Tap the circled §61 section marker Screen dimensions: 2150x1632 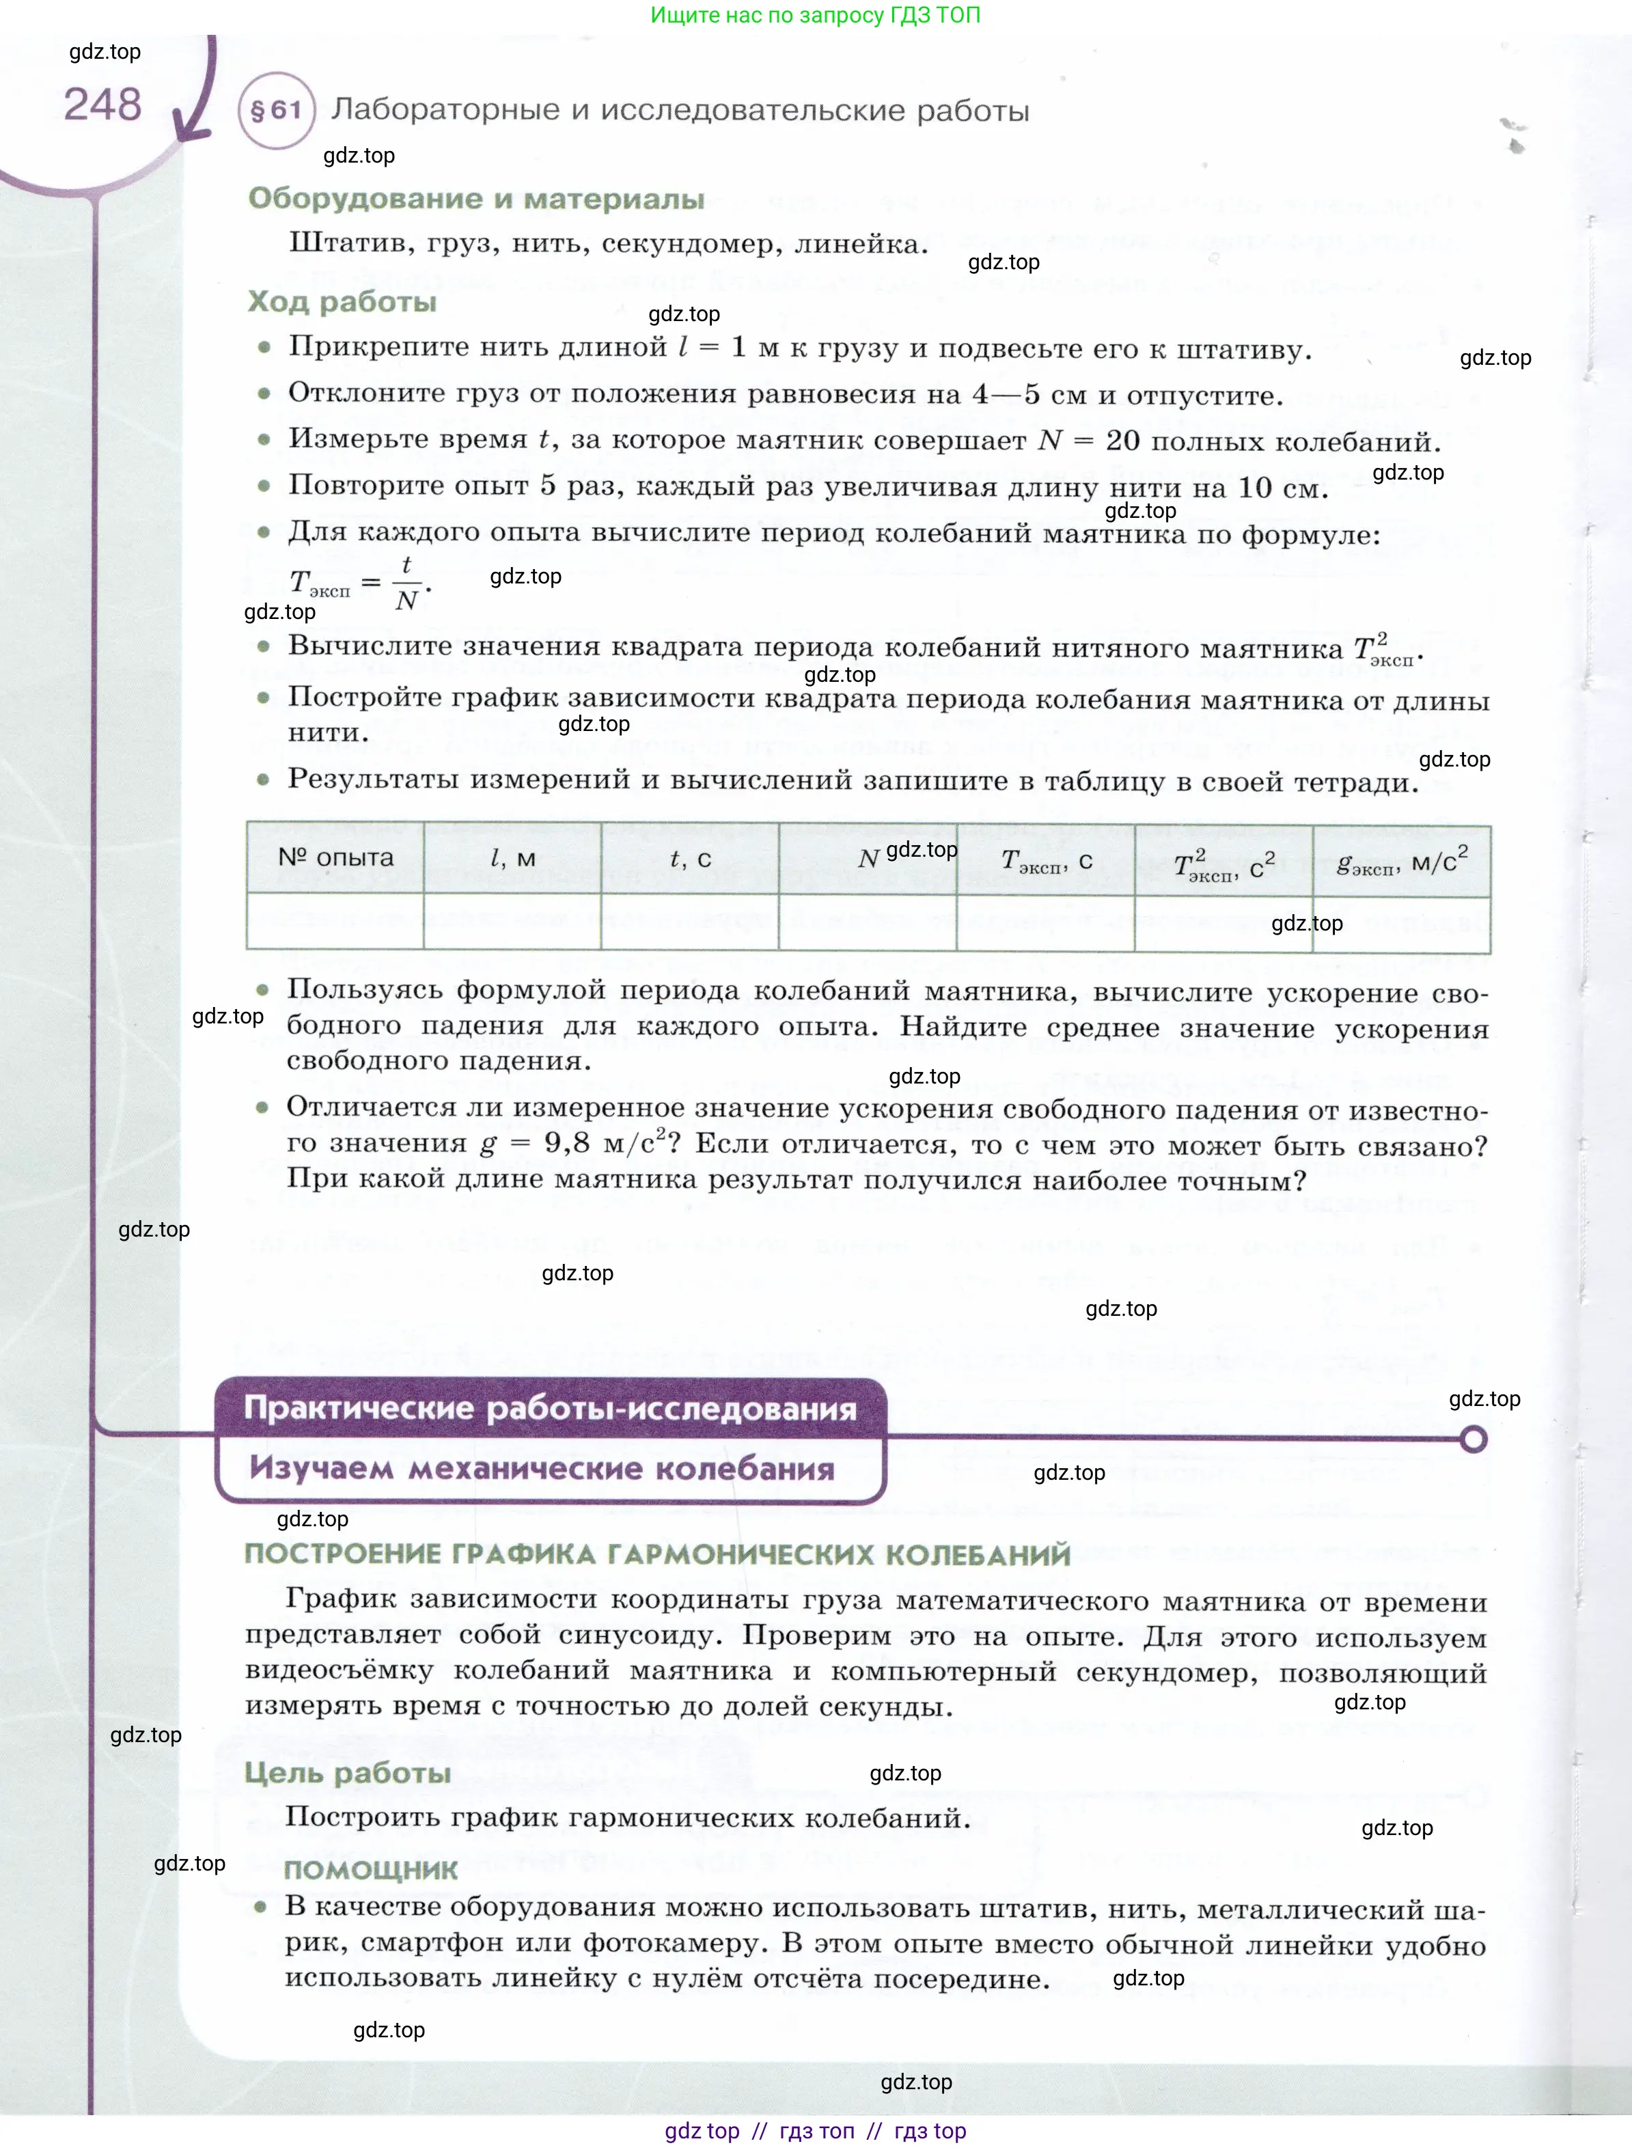[x=276, y=110]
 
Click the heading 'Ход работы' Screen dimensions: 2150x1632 [x=342, y=301]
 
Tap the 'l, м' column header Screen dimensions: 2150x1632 [x=512, y=857]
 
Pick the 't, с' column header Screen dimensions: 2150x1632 [x=690, y=858]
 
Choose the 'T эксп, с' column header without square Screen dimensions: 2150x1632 [x=1046, y=860]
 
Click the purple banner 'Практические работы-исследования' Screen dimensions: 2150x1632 [x=550, y=1408]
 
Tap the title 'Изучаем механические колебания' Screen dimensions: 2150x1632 [x=542, y=1469]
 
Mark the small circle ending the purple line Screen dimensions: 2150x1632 [x=1474, y=1439]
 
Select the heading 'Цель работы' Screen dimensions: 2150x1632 [x=348, y=1773]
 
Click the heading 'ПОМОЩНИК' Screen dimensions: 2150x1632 [x=370, y=1869]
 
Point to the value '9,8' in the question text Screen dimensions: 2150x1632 [x=567, y=1143]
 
